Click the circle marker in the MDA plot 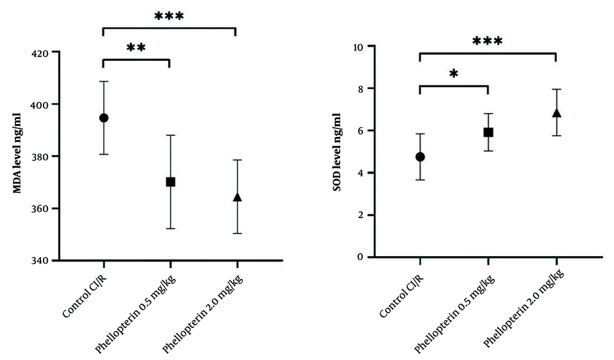coord(104,118)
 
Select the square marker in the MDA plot coord(171,182)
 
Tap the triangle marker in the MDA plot coord(238,197)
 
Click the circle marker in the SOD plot coord(420,157)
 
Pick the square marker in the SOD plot coord(488,132)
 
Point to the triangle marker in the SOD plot coord(556,113)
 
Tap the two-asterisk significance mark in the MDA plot coord(136,48)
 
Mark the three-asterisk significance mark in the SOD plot coord(488,42)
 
